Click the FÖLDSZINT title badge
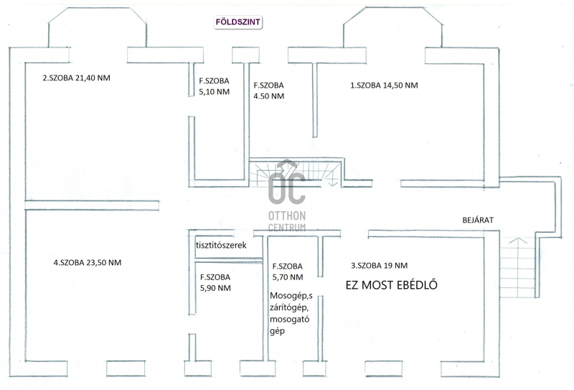[238, 22]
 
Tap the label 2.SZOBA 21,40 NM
[77, 78]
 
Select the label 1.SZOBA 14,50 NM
[384, 85]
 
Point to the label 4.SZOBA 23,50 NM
[88, 262]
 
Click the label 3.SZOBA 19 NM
[380, 265]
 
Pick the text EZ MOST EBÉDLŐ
[391, 285]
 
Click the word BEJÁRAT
[478, 220]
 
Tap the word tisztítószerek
[221, 245]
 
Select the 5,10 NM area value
[214, 92]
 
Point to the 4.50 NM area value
[268, 96]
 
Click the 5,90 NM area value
[215, 288]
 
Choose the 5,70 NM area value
[288, 277]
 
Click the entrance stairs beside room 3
[517, 268]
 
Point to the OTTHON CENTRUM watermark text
[287, 221]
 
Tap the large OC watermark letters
[286, 185]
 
